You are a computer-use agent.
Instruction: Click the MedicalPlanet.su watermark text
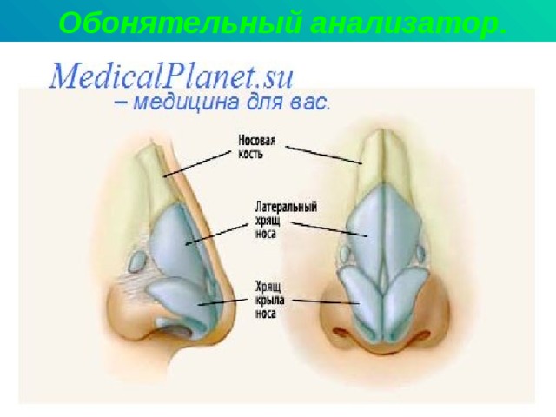pyautogui.click(x=172, y=76)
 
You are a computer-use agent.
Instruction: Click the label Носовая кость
pyautogui.click(x=256, y=147)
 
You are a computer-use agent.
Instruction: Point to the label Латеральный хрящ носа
pyautogui.click(x=286, y=220)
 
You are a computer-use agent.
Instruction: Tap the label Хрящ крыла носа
pyautogui.click(x=270, y=300)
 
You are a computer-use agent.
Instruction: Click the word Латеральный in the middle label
pyautogui.click(x=286, y=207)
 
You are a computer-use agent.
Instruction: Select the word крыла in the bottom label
pyautogui.click(x=270, y=300)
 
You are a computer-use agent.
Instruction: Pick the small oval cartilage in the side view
pyautogui.click(x=137, y=261)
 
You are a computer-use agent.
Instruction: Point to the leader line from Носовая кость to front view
pyautogui.click(x=323, y=155)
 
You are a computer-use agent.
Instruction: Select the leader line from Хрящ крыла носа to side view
pyautogui.click(x=222, y=302)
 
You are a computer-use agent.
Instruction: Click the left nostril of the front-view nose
pyautogui.click(x=341, y=332)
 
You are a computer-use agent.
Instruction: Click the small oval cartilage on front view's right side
pyautogui.click(x=420, y=253)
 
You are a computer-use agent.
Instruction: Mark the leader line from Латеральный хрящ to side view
pyautogui.click(x=216, y=234)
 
